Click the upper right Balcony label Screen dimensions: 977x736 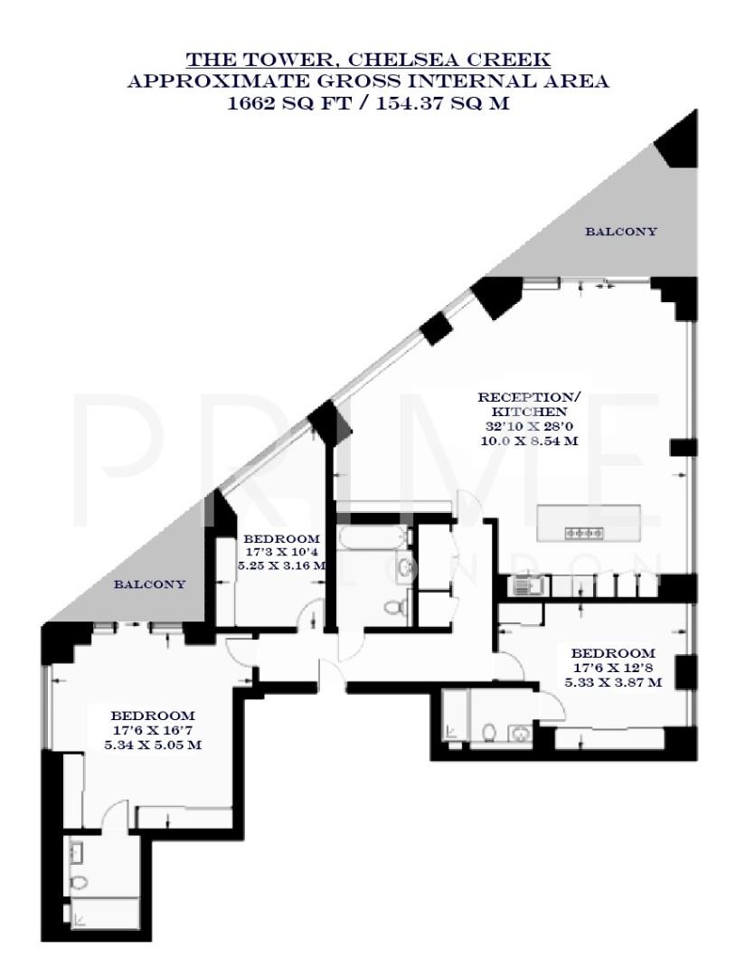pyautogui.click(x=621, y=232)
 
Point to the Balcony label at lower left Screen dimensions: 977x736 pyautogui.click(x=149, y=584)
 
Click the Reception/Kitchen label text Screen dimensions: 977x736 pyautogui.click(x=528, y=404)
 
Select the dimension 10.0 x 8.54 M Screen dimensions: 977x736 pyautogui.click(x=528, y=441)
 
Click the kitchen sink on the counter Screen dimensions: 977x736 pyautogui.click(x=525, y=587)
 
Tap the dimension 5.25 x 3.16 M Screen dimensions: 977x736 pyautogui.click(x=281, y=564)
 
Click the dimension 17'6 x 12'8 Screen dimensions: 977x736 pyautogui.click(x=612, y=668)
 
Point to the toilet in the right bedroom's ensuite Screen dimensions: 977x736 pyautogui.click(x=488, y=731)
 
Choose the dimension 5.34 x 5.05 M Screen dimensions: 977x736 pyautogui.click(x=152, y=745)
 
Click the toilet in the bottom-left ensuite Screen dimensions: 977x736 pyautogui.click(x=80, y=881)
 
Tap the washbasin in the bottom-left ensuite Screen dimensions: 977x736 pyautogui.click(x=78, y=851)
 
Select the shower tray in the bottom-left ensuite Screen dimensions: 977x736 pyautogui.click(x=105, y=914)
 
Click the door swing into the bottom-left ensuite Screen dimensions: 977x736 pyautogui.click(x=115, y=813)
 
